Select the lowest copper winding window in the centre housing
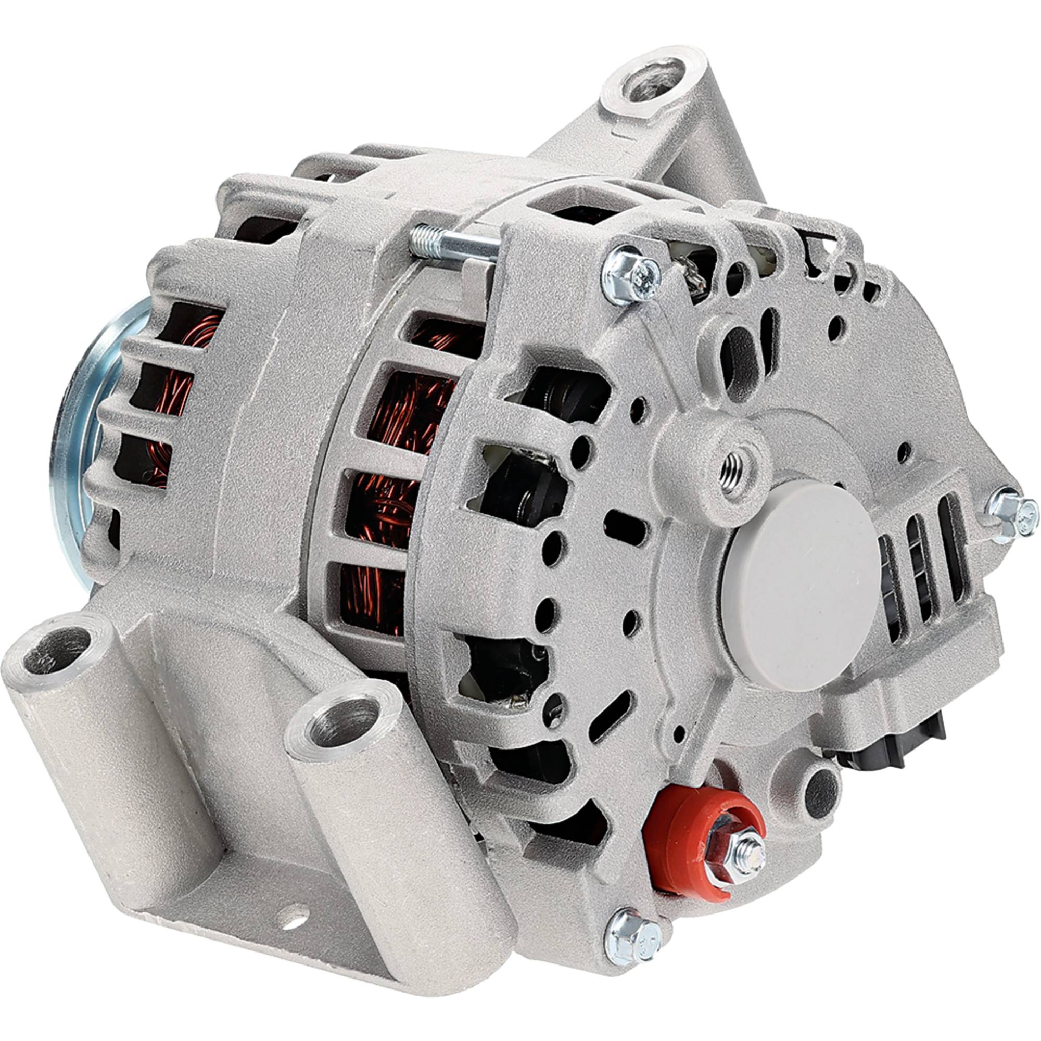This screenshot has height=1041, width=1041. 372,601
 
